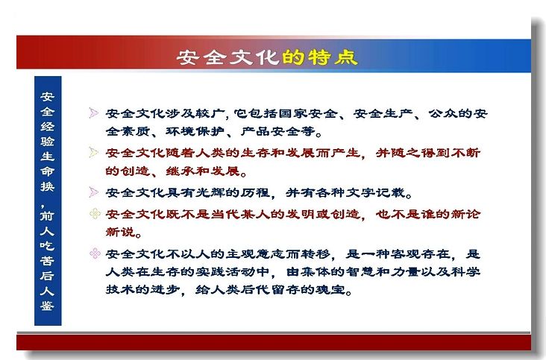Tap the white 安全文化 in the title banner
pyautogui.click(x=228, y=57)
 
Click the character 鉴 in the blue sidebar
pyautogui.click(x=47, y=306)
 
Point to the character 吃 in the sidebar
pyautogui.click(x=47, y=245)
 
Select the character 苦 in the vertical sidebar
pyautogui.click(x=47, y=261)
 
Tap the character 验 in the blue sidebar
pyautogui.click(x=47, y=141)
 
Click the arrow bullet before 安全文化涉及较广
pyautogui.click(x=93, y=113)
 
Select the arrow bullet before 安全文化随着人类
pyautogui.click(x=93, y=152)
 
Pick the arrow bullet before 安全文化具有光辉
pyautogui.click(x=93, y=192)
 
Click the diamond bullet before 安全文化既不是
pyautogui.click(x=95, y=214)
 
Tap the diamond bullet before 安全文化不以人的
pyautogui.click(x=95, y=253)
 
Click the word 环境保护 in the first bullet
pyautogui.click(x=195, y=131)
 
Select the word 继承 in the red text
pyautogui.click(x=181, y=171)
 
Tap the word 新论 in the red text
pyautogui.click(x=465, y=214)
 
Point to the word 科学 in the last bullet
pyautogui.click(x=465, y=271)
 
